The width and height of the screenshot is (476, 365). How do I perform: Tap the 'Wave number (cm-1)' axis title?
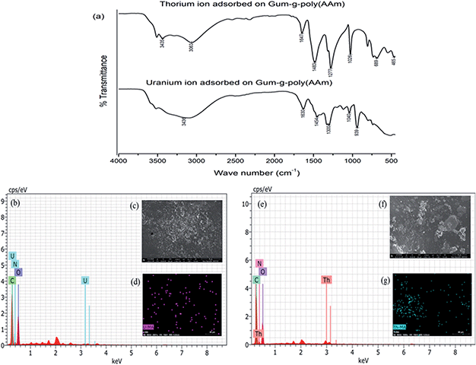pos(256,173)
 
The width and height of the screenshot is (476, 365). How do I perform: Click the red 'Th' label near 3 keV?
pos(326,281)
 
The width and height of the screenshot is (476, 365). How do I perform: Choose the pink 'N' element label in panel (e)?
pos(259,263)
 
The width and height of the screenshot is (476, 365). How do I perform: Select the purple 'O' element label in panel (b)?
pos(19,271)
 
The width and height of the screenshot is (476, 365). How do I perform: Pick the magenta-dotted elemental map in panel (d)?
pos(182,305)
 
